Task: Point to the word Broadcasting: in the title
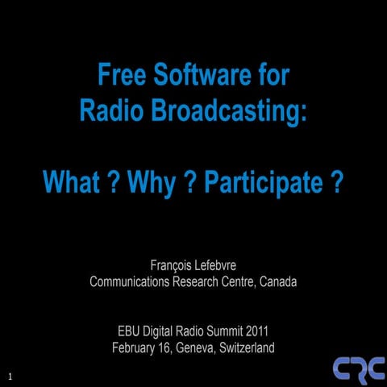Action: click(x=227, y=112)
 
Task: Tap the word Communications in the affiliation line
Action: click(x=135, y=282)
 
